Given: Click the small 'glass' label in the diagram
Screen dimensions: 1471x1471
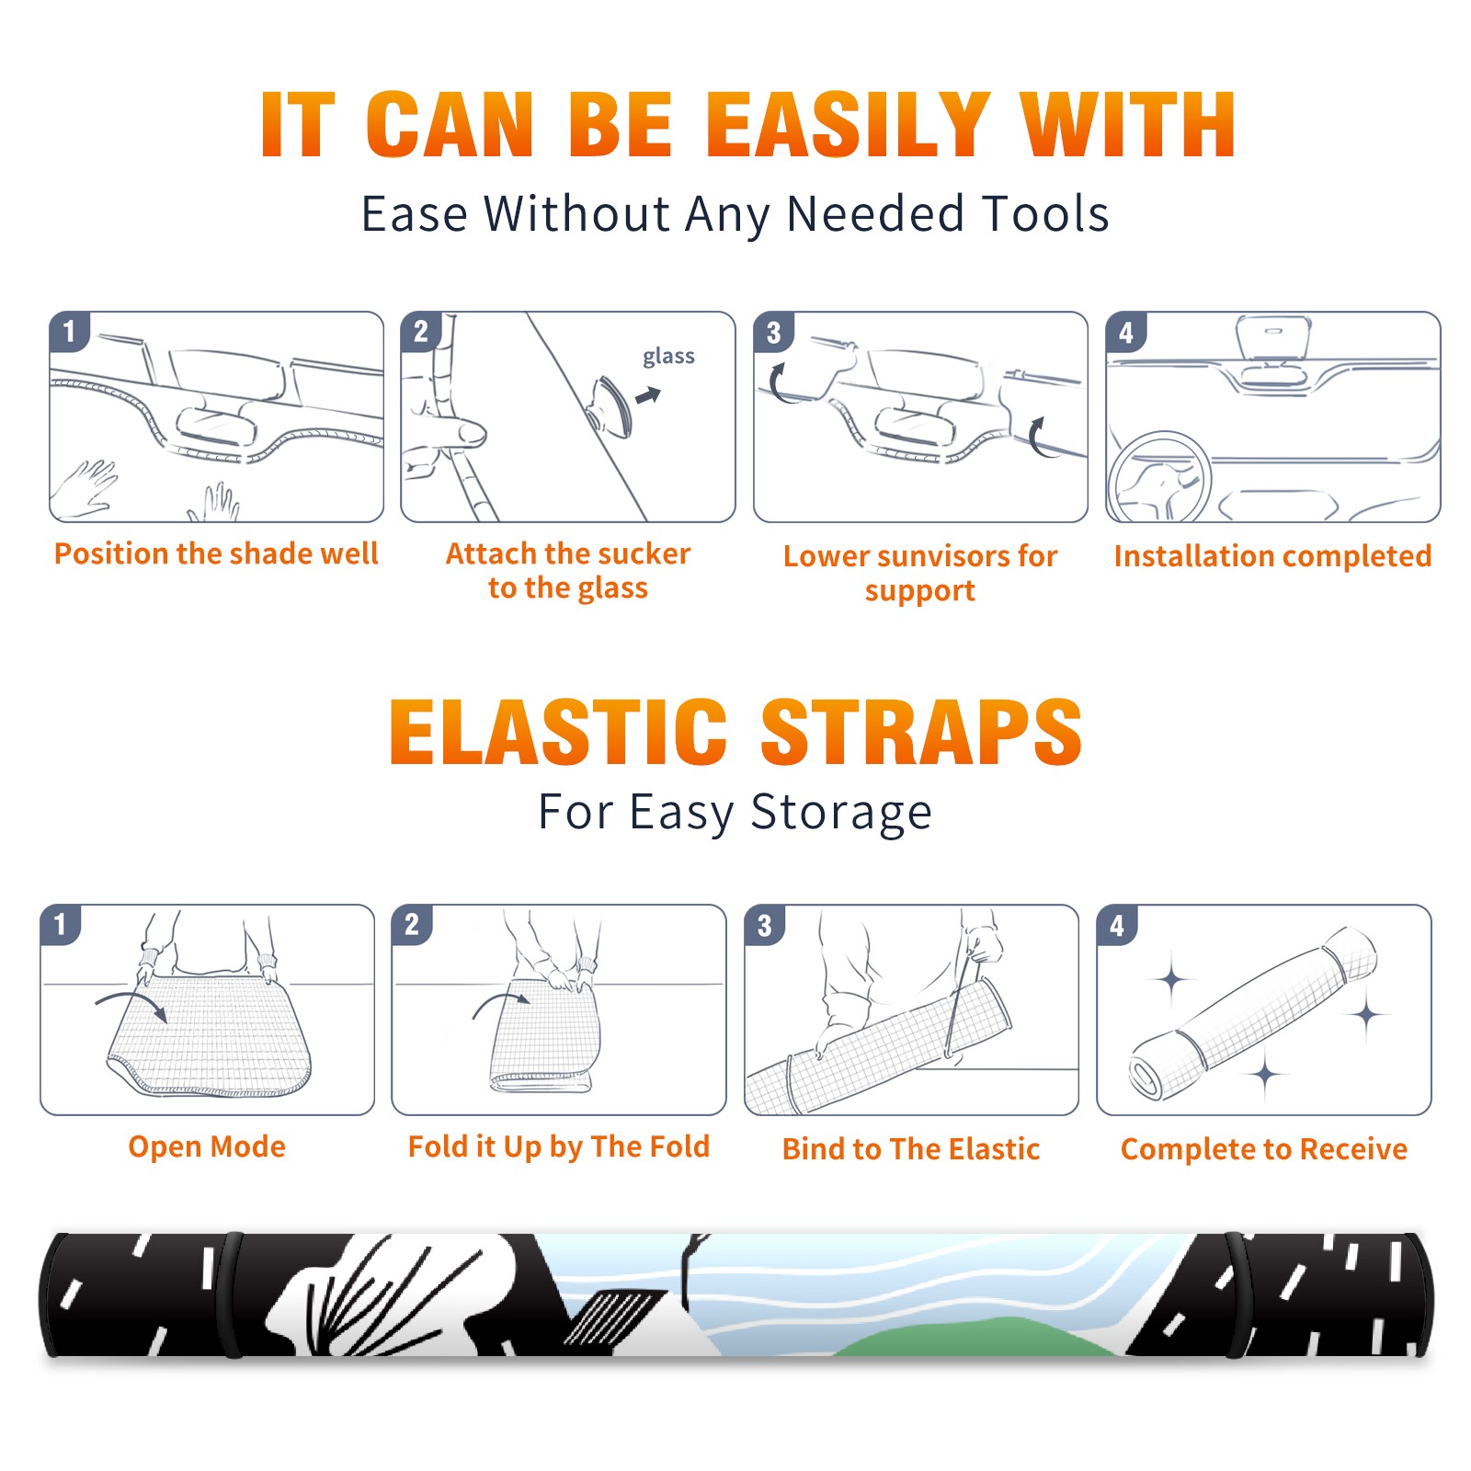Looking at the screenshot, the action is (x=668, y=357).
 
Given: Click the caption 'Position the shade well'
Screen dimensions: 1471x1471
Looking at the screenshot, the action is (x=216, y=553).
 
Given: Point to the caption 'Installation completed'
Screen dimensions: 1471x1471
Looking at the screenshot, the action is (x=1272, y=555).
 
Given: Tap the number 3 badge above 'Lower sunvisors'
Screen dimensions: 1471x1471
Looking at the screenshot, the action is (x=773, y=333).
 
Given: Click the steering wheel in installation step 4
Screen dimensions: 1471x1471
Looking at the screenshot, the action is (x=1160, y=477).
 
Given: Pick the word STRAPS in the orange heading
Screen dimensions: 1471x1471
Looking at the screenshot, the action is (x=921, y=732).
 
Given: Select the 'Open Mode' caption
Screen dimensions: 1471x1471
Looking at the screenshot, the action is (x=207, y=1146).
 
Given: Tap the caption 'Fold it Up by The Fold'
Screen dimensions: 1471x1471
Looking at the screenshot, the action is (x=559, y=1146).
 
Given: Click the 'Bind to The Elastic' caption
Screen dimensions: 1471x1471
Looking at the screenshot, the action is (x=911, y=1149).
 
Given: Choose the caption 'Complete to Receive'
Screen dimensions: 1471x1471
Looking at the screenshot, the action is (x=1264, y=1149).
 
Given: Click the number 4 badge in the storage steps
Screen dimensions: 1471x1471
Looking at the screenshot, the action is (x=1117, y=926).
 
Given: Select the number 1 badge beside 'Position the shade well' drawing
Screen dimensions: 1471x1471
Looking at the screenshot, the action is (x=69, y=331).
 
